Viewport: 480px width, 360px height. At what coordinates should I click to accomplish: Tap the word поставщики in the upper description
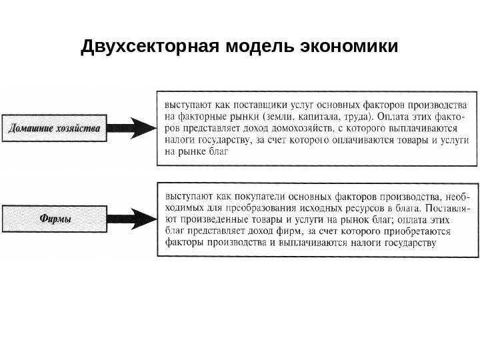[253, 105]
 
